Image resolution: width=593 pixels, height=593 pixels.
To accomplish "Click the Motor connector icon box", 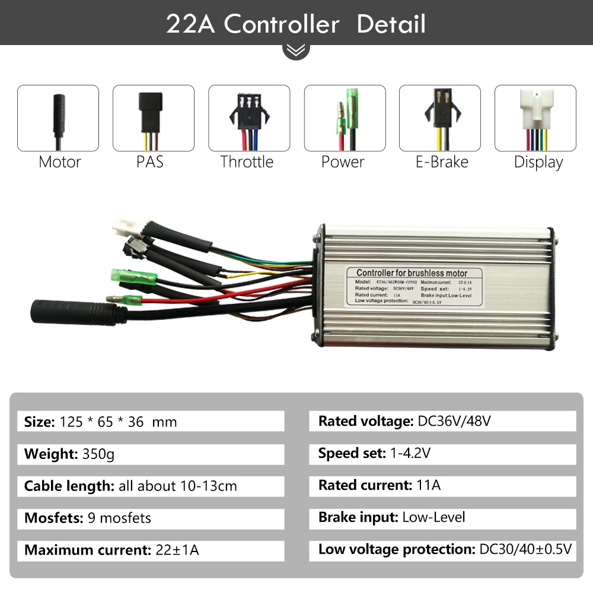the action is (x=58, y=118).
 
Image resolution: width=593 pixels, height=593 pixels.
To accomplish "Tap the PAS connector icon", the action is (x=154, y=118).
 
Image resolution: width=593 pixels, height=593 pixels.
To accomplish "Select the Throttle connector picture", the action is (x=249, y=118).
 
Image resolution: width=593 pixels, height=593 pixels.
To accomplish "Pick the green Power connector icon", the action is (x=345, y=118).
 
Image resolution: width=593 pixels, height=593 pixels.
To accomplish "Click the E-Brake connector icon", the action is (x=440, y=118).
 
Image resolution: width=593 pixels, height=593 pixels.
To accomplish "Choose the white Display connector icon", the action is (x=535, y=118).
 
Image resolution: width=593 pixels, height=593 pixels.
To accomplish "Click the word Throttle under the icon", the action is (x=247, y=162).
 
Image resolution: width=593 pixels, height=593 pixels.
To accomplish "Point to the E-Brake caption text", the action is (x=442, y=162).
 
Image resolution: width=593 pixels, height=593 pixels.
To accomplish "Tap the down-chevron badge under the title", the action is (x=296, y=50).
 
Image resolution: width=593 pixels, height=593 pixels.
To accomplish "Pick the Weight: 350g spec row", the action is (x=151, y=454).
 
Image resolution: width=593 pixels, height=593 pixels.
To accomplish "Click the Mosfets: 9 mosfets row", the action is (x=151, y=518).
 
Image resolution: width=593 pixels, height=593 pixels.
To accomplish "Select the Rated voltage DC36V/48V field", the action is (x=442, y=422).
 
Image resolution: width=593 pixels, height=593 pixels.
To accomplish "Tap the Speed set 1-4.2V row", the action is (x=442, y=454).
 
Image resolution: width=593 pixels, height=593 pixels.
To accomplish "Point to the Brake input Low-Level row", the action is (x=442, y=517).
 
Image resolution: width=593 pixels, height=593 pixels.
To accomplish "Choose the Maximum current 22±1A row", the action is (x=151, y=550).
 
